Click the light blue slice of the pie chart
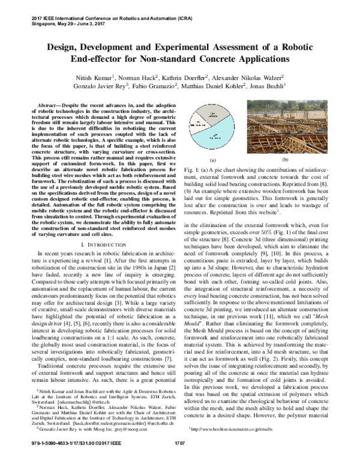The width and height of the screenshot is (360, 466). [x=216, y=131]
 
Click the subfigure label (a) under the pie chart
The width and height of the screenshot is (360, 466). [x=212, y=160]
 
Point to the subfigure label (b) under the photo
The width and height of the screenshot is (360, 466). [x=301, y=160]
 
